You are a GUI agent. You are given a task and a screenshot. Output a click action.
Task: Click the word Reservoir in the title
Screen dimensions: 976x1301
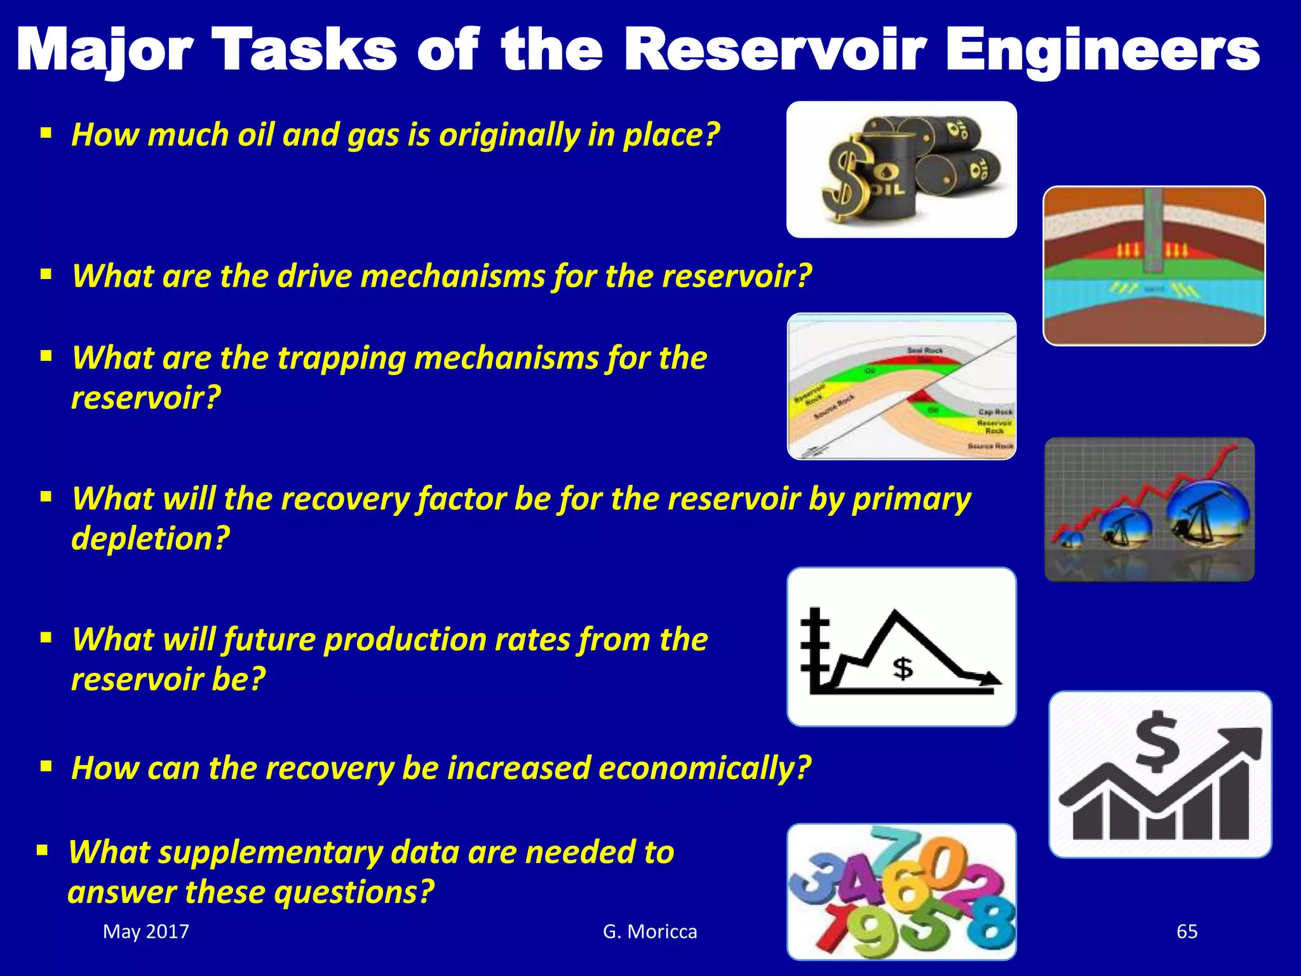point(775,51)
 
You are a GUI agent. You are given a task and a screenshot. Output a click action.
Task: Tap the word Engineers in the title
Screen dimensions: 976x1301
point(1102,51)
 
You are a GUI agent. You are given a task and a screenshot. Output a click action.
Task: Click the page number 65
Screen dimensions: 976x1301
point(1187,932)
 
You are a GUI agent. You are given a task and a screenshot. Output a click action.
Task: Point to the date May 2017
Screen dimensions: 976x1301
point(146,932)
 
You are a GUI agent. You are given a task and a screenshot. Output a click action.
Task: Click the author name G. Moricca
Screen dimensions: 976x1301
point(650,932)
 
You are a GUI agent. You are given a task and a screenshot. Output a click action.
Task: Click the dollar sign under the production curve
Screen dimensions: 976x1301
point(903,668)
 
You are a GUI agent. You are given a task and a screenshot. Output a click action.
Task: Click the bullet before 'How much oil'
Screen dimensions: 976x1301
point(46,134)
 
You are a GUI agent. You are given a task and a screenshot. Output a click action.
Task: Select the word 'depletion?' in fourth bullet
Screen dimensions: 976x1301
point(151,539)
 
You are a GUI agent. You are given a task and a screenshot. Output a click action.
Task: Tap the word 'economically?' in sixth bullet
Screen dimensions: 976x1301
point(704,768)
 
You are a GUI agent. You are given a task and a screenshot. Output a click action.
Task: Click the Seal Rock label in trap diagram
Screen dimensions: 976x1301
point(925,351)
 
